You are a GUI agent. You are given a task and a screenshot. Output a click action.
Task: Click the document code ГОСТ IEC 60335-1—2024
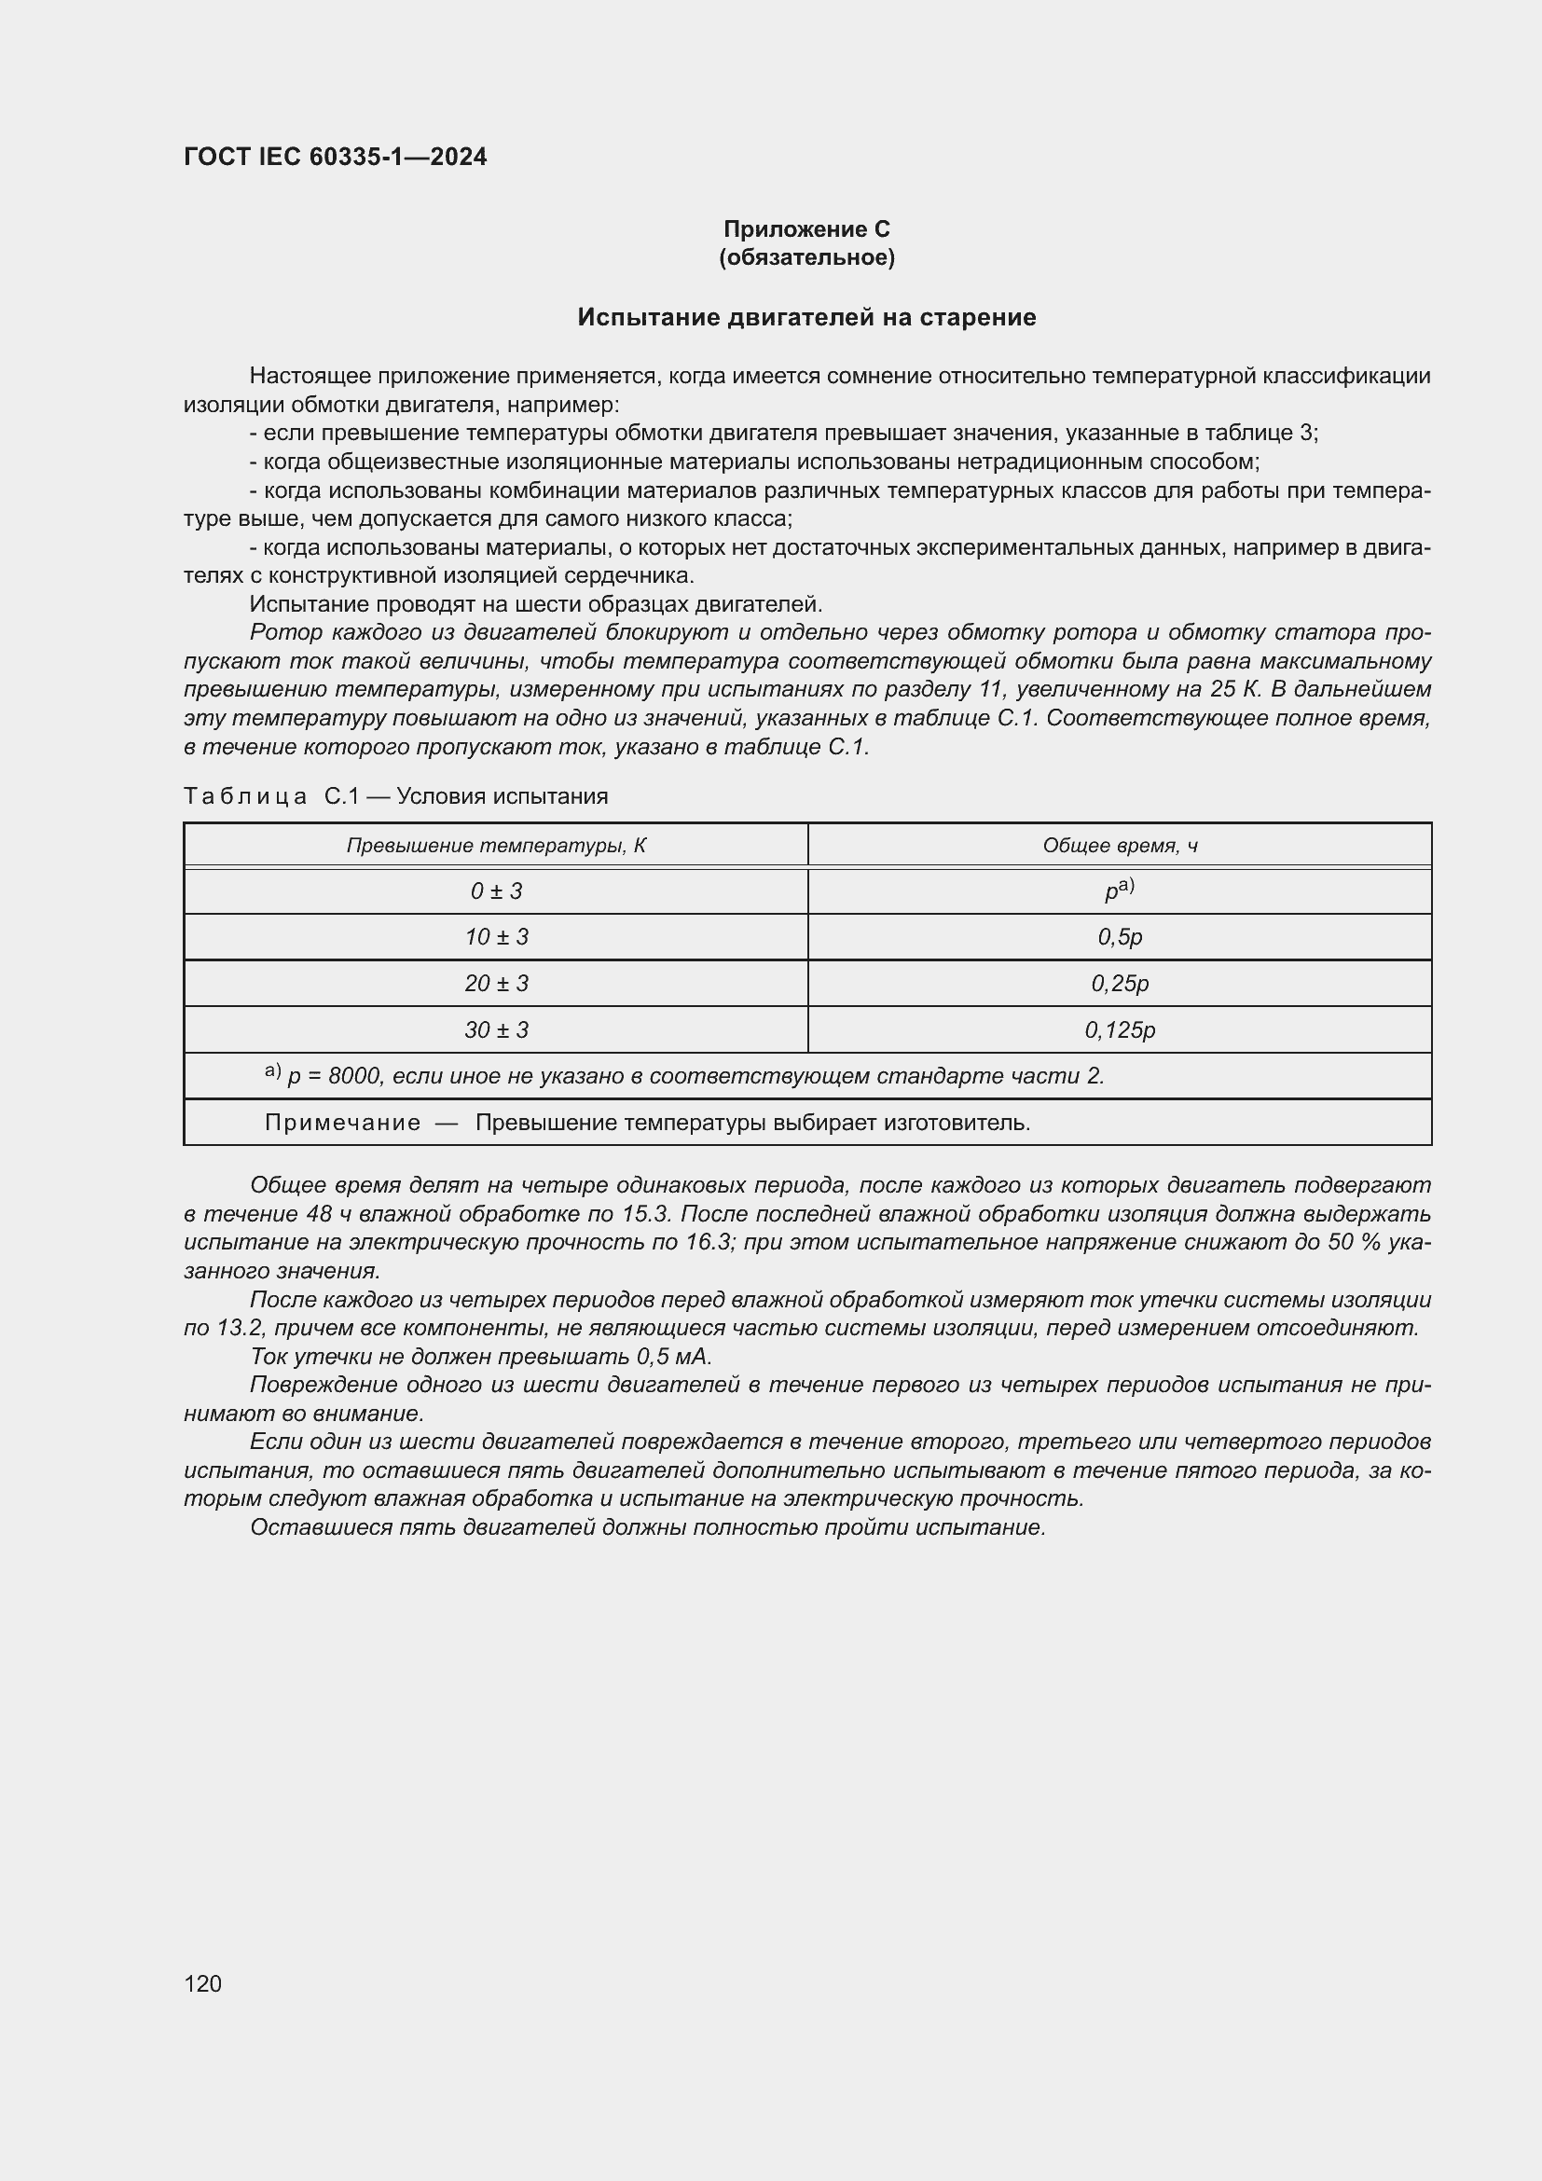pyautogui.click(x=335, y=157)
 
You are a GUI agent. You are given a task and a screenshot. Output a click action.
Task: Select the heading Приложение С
pyautogui.click(x=806, y=229)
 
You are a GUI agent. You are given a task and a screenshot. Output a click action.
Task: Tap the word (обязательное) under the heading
pyautogui.click(x=806, y=257)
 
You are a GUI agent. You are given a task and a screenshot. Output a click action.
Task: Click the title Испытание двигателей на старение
pyautogui.click(x=806, y=317)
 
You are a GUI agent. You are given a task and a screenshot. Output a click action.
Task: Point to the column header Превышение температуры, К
pyautogui.click(x=496, y=846)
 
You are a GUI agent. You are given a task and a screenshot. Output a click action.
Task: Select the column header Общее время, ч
pyautogui.click(x=1120, y=846)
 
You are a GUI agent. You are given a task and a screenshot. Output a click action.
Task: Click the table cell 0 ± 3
pyautogui.click(x=496, y=891)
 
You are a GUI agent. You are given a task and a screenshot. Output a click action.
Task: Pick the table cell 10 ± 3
pyautogui.click(x=496, y=936)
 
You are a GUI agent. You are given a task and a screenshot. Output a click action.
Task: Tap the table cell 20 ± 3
pyautogui.click(x=496, y=983)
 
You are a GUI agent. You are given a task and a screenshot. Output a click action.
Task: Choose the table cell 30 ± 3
pyautogui.click(x=496, y=1029)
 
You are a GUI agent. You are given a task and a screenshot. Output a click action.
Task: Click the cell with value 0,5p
pyautogui.click(x=1120, y=936)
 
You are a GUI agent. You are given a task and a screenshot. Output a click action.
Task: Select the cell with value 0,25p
pyautogui.click(x=1120, y=983)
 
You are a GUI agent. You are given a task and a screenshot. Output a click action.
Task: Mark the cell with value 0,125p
pyautogui.click(x=1120, y=1029)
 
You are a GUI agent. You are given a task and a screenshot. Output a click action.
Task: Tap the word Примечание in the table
pyautogui.click(x=342, y=1123)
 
